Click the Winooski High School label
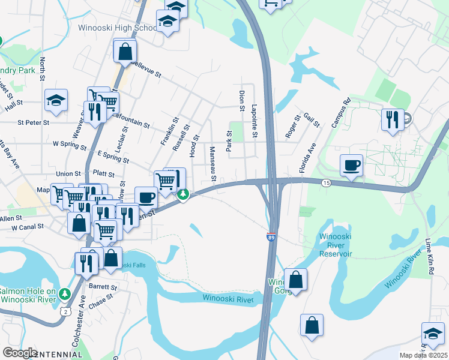tap(117, 28)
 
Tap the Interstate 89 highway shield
tap(271, 238)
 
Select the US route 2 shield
tap(65, 311)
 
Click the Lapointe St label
tap(255, 122)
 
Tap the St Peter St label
tap(33, 123)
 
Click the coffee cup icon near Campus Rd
tap(351, 164)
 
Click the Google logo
tap(20, 352)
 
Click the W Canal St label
tap(23, 227)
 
